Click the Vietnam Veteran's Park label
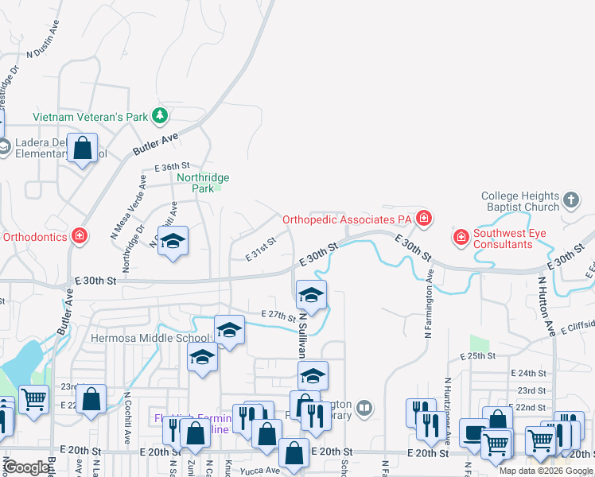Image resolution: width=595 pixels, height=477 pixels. pos(90,117)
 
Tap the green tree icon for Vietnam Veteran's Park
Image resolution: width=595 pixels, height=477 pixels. pos(160,116)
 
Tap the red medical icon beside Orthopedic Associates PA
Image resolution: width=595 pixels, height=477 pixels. pos(425,218)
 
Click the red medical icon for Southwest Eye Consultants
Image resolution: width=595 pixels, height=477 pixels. pos(461,237)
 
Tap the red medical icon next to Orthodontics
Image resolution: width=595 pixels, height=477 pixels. pos(79,236)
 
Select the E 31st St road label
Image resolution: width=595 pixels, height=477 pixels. pos(259,247)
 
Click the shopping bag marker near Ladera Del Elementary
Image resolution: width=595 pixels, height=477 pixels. pos(82,148)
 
